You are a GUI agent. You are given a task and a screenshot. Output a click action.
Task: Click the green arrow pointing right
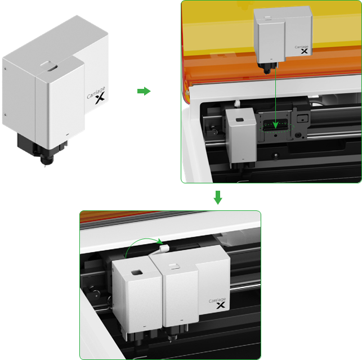click(x=144, y=91)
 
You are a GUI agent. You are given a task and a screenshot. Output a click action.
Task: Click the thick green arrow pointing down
click(x=218, y=197)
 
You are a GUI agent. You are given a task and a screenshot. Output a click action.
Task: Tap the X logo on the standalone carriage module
click(x=100, y=98)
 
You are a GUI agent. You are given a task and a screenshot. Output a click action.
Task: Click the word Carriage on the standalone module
click(x=96, y=92)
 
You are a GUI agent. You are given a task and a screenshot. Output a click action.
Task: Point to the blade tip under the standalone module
click(x=45, y=165)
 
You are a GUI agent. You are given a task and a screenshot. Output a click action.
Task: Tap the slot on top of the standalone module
click(x=49, y=66)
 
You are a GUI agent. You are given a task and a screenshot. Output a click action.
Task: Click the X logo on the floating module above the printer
click(x=304, y=51)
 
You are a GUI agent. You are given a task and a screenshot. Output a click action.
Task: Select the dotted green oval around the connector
click(x=277, y=128)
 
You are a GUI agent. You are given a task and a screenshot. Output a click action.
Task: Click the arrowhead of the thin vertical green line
click(x=275, y=125)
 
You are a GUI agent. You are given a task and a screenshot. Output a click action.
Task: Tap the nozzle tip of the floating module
click(x=267, y=73)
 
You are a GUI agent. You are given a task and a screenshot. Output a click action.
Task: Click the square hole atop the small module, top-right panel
click(x=240, y=120)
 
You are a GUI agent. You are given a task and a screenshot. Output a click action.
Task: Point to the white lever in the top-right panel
click(x=237, y=103)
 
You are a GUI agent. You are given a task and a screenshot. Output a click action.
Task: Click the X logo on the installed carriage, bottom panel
click(x=221, y=305)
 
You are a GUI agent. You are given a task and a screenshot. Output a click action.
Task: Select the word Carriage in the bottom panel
click(x=217, y=300)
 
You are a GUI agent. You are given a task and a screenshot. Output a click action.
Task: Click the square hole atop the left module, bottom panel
click(x=137, y=273)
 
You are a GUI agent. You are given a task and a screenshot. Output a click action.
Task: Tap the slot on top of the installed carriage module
click(x=175, y=267)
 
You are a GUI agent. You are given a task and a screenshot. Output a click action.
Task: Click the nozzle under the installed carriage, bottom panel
click(x=172, y=337)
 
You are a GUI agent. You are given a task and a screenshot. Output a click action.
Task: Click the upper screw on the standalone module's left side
click(x=5, y=69)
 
